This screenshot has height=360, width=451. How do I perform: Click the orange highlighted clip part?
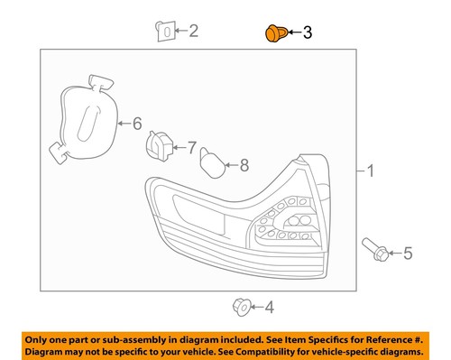(272, 34)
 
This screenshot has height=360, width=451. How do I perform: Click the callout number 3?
(307, 33)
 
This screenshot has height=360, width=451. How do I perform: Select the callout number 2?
(193, 32)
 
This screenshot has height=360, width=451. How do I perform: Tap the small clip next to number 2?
(163, 32)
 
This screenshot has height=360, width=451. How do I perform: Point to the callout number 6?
(137, 123)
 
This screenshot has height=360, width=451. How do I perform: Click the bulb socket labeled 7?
(160, 145)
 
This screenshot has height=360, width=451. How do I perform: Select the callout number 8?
(243, 164)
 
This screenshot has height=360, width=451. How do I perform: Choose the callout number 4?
(270, 308)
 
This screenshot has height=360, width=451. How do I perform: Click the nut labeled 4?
(240, 307)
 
